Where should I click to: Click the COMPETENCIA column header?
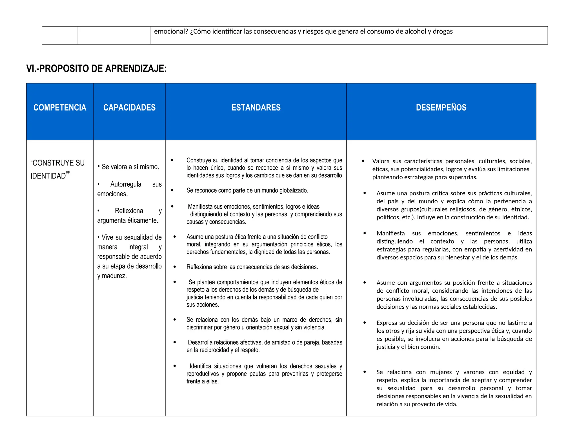60,107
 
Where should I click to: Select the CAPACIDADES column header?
129,107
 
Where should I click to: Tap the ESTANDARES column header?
256,107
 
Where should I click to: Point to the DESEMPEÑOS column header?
441,107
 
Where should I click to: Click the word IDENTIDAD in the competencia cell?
48,176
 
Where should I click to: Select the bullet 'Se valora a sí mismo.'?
128,167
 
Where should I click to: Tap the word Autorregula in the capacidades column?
126,184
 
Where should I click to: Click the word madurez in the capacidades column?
114,276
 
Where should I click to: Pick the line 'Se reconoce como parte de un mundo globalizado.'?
247,191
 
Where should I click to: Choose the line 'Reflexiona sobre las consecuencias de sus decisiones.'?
252,267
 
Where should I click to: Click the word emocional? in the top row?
171,31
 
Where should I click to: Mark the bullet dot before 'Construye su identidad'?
172,160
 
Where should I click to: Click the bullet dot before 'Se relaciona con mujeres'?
365,372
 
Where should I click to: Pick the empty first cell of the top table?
60,35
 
